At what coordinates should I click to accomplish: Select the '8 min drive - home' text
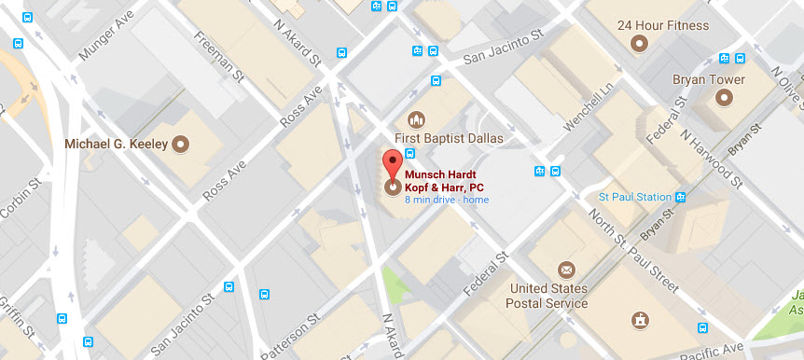point(446,200)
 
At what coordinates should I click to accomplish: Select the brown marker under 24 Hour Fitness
point(640,43)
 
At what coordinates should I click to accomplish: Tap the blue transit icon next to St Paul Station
point(681,197)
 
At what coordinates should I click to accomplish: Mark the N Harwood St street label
point(710,155)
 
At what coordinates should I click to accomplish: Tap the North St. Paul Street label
point(635,250)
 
